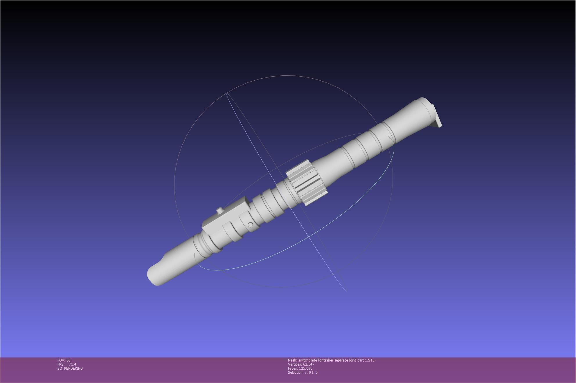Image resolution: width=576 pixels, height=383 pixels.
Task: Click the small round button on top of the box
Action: point(220,210)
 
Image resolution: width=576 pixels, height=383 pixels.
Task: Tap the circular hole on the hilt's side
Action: point(250,225)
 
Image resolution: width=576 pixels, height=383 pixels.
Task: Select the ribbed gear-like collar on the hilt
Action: point(307,183)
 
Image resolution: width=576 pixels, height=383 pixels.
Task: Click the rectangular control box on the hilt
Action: point(225,216)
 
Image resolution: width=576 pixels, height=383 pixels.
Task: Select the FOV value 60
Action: point(69,360)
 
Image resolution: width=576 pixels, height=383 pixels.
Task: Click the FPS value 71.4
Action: point(73,364)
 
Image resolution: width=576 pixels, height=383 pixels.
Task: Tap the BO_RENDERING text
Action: point(70,368)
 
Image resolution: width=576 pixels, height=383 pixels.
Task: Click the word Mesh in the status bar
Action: point(292,360)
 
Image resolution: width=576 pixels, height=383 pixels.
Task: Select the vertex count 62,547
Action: point(309,364)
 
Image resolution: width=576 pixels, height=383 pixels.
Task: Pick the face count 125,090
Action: point(306,368)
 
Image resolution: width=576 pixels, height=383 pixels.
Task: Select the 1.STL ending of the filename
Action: point(370,360)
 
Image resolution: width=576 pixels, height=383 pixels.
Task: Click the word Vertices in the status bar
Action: point(294,364)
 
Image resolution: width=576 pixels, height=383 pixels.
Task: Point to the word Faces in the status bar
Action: point(292,368)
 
